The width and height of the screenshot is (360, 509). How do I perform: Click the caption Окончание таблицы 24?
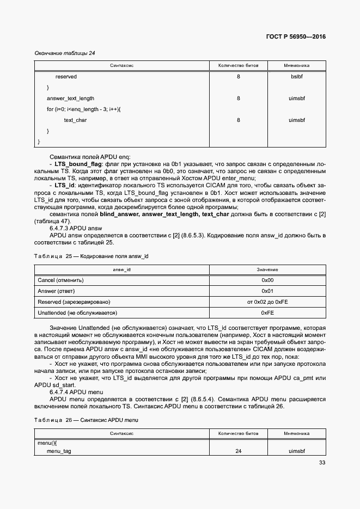65,53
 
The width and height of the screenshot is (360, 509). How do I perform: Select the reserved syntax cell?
66,77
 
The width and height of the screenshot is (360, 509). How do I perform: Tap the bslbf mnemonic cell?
296,77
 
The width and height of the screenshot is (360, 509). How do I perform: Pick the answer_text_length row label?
70,99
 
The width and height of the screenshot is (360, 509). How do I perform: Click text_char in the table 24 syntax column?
75,120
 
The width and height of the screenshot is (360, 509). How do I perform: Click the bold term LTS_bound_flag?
77,163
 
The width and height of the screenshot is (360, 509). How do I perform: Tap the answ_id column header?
121,269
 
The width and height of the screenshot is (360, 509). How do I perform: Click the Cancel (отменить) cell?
60,280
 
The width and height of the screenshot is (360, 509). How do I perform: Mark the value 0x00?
267,280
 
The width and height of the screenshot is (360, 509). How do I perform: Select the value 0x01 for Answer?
267,291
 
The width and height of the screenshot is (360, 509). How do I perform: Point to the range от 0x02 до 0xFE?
267,302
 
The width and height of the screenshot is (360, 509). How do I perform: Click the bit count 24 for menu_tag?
238,451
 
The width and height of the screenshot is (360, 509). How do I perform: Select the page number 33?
322,463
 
